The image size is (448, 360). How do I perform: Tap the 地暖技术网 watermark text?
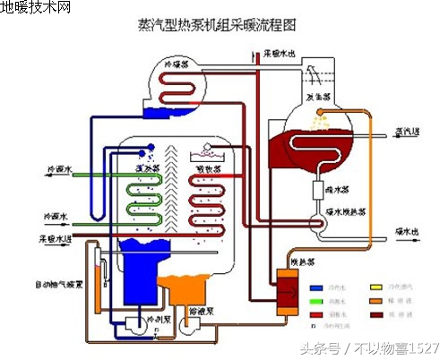coord(36,8)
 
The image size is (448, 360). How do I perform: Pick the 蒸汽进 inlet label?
coord(409,133)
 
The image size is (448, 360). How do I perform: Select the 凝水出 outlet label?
coord(409,231)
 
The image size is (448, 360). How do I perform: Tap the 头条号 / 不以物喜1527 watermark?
coord(368,347)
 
